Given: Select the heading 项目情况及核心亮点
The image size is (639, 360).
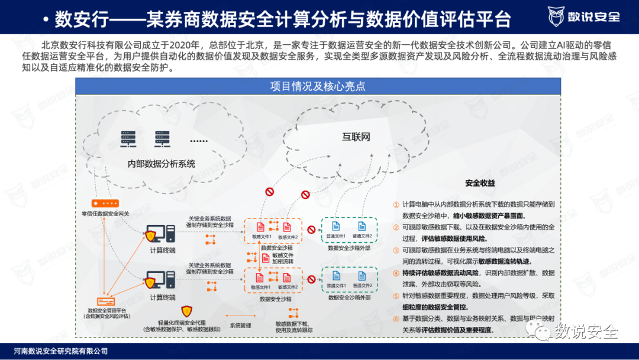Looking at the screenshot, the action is (318, 86).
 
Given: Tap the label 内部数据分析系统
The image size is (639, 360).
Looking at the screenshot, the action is (162, 163).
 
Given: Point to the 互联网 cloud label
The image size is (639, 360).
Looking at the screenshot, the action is (356, 137).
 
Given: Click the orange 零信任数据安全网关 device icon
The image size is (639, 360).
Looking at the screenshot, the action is (105, 202).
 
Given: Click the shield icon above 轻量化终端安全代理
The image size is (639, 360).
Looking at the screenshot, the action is (186, 311).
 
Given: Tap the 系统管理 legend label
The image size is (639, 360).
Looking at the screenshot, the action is (241, 325).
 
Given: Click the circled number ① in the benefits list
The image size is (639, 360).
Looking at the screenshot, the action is (396, 204).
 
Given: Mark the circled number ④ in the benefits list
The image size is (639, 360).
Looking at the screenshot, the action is (396, 273).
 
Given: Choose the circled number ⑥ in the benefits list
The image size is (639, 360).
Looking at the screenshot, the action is (396, 319).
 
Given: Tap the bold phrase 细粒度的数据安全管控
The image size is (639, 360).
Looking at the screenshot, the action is (435, 307).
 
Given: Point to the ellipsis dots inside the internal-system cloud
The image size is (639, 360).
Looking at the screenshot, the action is (199, 141).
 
